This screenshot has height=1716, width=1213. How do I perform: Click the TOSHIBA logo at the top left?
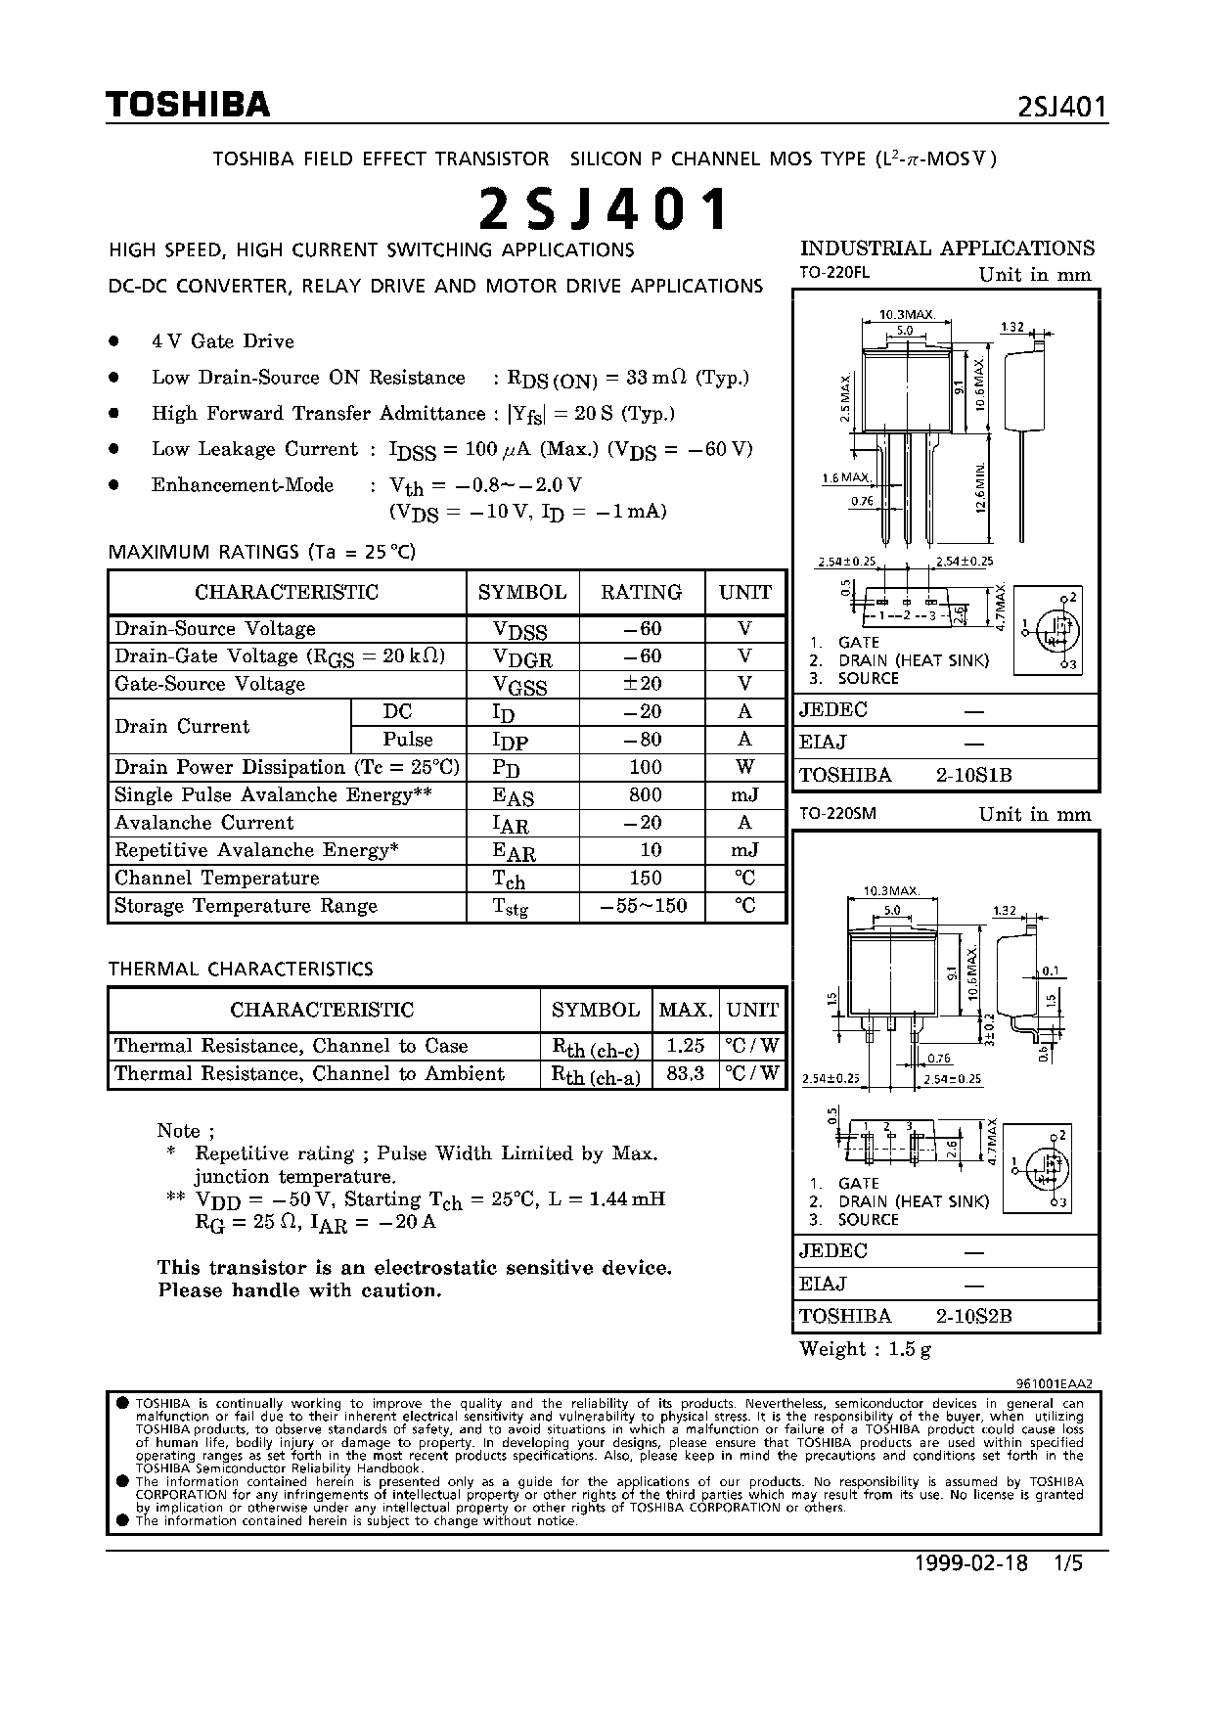[188, 105]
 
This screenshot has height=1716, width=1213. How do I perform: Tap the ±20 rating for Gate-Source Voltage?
[644, 684]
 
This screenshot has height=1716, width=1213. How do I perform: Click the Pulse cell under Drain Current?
[407, 740]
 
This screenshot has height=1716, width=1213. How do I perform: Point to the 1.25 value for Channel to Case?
[686, 1046]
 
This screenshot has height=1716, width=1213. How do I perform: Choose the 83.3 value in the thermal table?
[686, 1073]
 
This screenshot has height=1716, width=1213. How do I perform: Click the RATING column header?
[641, 592]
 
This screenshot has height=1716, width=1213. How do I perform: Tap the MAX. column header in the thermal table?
[686, 1010]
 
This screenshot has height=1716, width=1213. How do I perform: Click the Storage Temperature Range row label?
[246, 906]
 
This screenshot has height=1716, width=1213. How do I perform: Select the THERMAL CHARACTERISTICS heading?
[241, 969]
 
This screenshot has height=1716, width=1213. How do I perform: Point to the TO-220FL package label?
[833, 275]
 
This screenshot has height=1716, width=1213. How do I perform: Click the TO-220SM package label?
[837, 814]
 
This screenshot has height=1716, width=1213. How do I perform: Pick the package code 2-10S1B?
[973, 775]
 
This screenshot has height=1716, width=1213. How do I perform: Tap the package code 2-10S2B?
[973, 1316]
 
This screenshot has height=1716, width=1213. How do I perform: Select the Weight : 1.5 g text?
[865, 1349]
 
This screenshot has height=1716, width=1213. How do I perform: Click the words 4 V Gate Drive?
[222, 341]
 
